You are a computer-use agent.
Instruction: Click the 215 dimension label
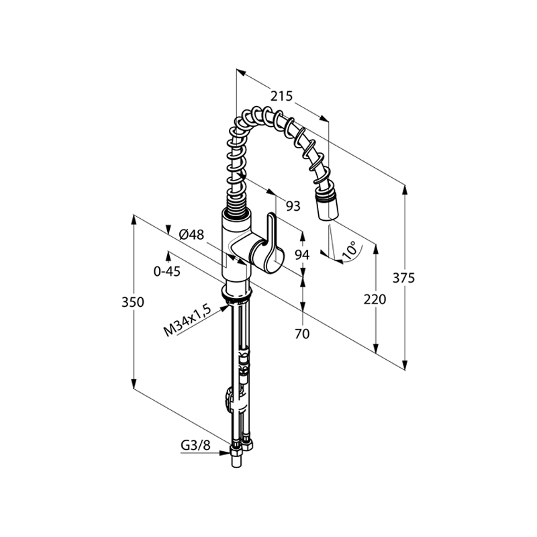tap(281, 96)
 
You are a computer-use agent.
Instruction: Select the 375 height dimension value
tap(403, 278)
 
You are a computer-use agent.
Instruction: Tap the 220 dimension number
tap(375, 299)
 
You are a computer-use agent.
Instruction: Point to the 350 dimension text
tap(133, 302)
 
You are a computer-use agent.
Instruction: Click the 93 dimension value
tap(293, 206)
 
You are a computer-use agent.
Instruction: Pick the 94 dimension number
tap(302, 255)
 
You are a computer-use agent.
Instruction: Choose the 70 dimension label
tap(302, 334)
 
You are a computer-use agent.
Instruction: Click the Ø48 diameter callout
tap(191, 234)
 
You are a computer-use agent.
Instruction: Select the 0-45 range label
tap(166, 271)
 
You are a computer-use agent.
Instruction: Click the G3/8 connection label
tap(195, 445)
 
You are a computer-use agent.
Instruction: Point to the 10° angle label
tap(349, 250)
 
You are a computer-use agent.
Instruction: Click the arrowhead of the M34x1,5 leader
tap(224, 307)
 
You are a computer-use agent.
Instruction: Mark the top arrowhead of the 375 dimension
tap(405, 189)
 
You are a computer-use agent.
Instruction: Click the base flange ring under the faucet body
tap(238, 293)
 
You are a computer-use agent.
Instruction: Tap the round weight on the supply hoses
tap(229, 399)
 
